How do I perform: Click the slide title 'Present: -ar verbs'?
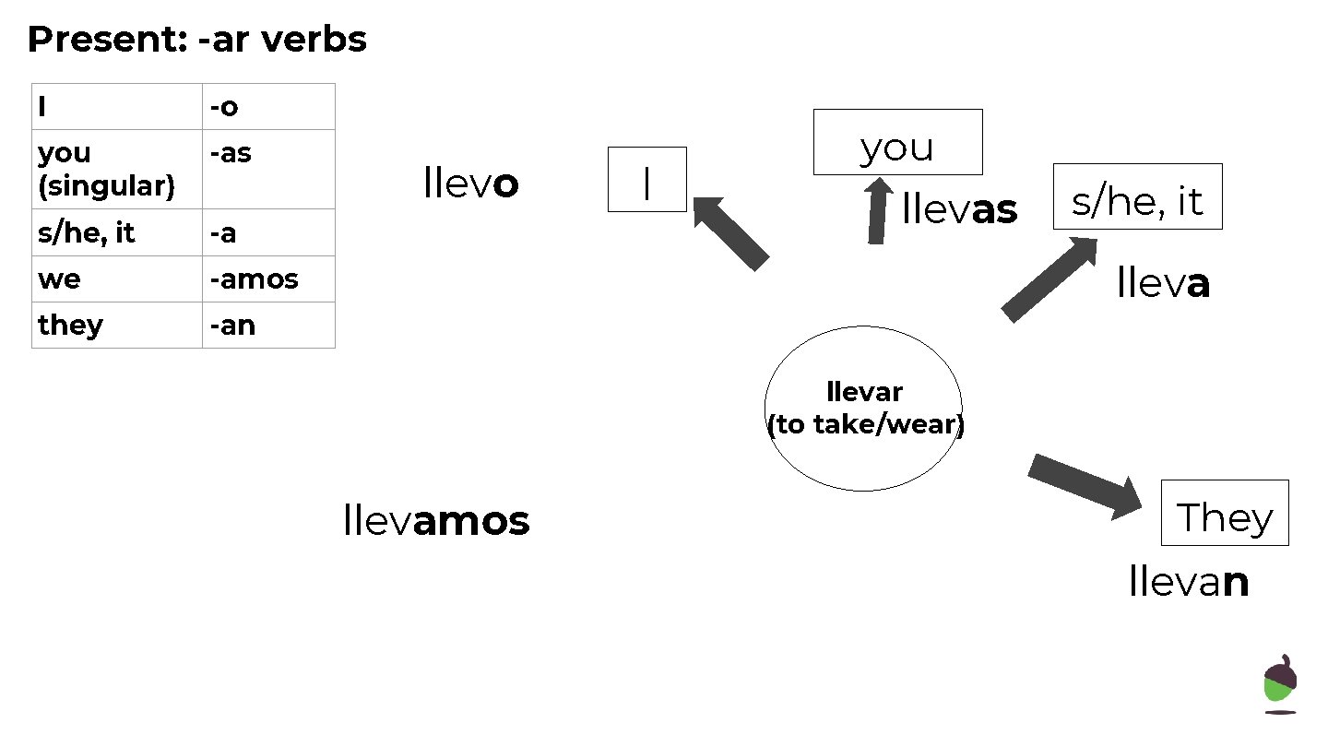196,40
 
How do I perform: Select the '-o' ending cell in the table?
267,107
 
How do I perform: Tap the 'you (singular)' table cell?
116,169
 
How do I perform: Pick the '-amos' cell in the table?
267,279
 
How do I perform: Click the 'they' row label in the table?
116,325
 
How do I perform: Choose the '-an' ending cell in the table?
267,325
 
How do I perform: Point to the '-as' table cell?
267,169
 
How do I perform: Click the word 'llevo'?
470,184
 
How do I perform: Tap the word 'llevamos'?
435,521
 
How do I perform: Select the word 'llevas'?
959,209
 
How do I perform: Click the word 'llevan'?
1189,582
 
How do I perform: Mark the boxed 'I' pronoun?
646,180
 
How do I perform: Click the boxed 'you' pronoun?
897,142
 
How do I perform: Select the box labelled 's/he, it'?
1137,196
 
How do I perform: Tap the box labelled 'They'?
1224,513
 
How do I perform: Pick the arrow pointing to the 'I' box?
730,232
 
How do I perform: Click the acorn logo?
1279,683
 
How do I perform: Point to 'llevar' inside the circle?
864,392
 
